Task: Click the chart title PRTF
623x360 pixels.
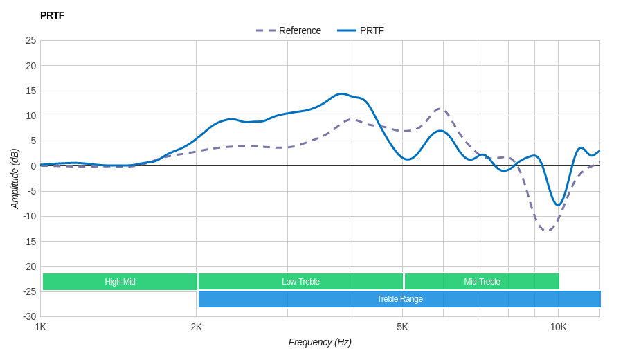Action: pos(52,15)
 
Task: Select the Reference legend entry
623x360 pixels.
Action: pos(289,30)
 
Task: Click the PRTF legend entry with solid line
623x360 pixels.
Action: pos(361,30)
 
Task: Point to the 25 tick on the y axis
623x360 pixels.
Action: pos(31,40)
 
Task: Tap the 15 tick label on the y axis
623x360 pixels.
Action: pos(31,91)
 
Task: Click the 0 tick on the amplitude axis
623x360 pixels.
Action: pos(33,166)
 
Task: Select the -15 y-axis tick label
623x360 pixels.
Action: pos(30,242)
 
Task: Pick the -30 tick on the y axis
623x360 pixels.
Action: pos(30,316)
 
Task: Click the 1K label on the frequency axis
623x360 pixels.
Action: pos(41,327)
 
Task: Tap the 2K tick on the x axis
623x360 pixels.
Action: pos(197,327)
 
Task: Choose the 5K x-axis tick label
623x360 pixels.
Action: pos(402,327)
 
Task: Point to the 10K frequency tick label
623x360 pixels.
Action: pos(558,327)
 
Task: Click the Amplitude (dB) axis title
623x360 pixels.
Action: pos(15,179)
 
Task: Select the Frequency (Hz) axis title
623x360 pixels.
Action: pos(320,342)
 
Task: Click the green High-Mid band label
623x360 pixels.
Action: pos(120,282)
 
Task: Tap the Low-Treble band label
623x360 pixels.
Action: pos(300,282)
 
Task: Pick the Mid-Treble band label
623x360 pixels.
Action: pos(482,282)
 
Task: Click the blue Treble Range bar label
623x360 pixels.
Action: pos(399,299)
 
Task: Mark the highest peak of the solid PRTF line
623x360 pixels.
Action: pos(341,93)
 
